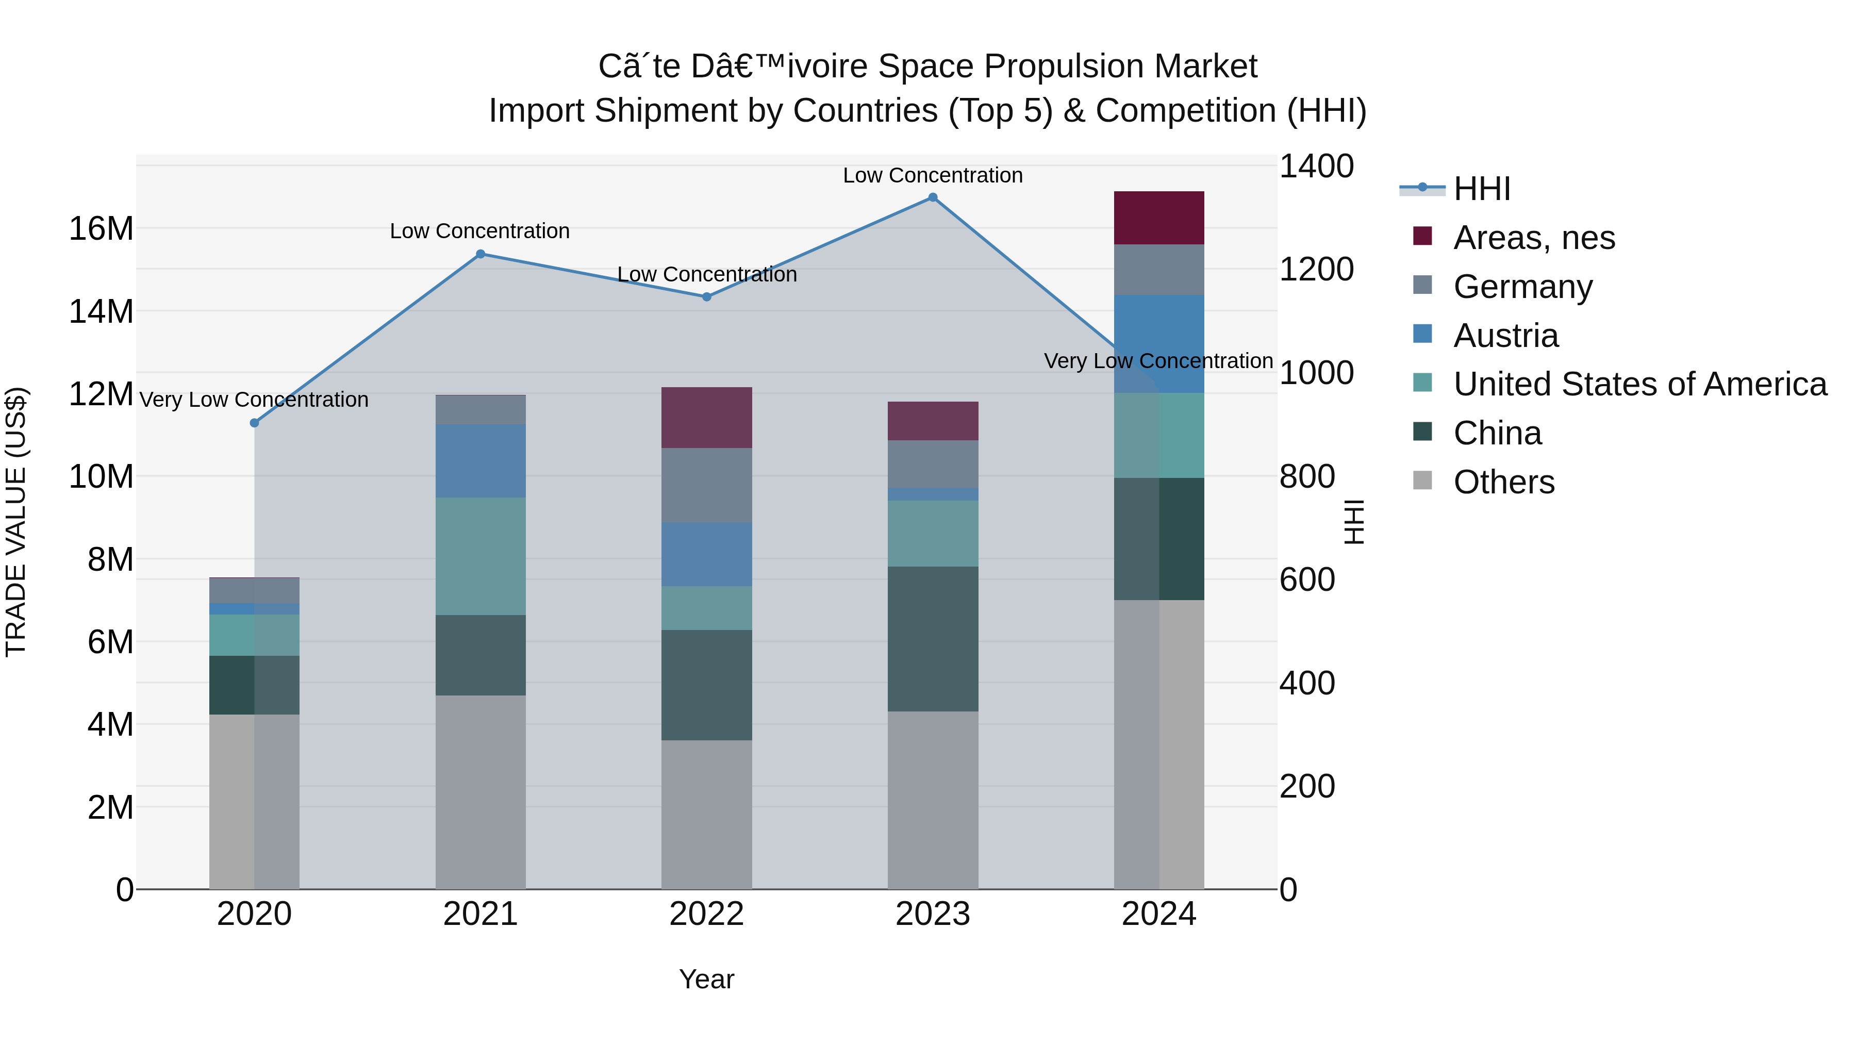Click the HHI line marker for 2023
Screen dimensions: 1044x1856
(x=932, y=197)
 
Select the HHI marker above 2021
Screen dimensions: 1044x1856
(x=480, y=254)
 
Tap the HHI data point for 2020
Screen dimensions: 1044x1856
(x=254, y=423)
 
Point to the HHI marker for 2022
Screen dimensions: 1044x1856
(x=707, y=297)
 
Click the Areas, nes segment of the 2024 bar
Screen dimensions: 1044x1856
(x=1158, y=218)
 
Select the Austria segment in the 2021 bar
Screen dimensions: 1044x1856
(x=480, y=460)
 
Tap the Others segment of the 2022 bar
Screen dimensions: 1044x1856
(x=707, y=814)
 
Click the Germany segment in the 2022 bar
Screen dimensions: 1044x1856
(x=707, y=485)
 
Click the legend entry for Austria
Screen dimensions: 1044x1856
(x=1506, y=336)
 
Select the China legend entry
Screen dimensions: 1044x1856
(x=1497, y=433)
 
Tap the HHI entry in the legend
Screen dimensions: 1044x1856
(x=1481, y=189)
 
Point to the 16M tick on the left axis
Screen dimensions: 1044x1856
(x=101, y=229)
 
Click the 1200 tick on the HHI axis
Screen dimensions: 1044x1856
(x=1316, y=270)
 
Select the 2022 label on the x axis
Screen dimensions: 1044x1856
(x=707, y=914)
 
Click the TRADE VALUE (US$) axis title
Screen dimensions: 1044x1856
(x=16, y=522)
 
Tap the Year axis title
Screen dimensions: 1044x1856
(x=707, y=979)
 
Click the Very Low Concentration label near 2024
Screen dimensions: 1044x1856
(x=1158, y=361)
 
